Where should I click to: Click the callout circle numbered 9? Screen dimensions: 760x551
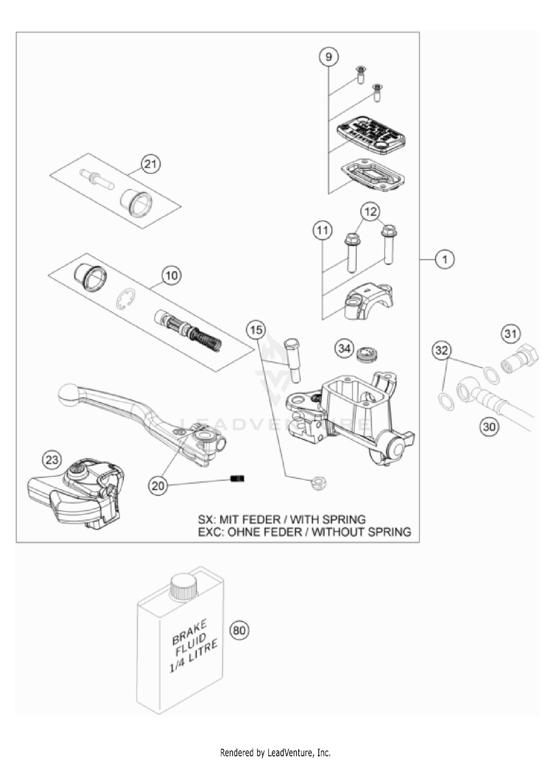pyautogui.click(x=328, y=57)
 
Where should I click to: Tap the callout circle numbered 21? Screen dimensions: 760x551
pyautogui.click(x=151, y=164)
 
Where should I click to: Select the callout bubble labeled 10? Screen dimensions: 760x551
pyautogui.click(x=171, y=275)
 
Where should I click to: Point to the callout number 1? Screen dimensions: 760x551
pyautogui.click(x=445, y=259)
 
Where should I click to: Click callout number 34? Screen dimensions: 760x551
pyautogui.click(x=344, y=348)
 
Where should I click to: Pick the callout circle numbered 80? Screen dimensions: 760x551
pyautogui.click(x=239, y=630)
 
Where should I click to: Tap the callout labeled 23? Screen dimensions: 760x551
pyautogui.click(x=52, y=460)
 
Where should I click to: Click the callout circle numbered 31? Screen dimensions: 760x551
pyautogui.click(x=511, y=334)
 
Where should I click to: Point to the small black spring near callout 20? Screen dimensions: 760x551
pyautogui.click(x=237, y=478)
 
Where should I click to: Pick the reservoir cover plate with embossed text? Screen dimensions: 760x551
pyautogui.click(x=371, y=135)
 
